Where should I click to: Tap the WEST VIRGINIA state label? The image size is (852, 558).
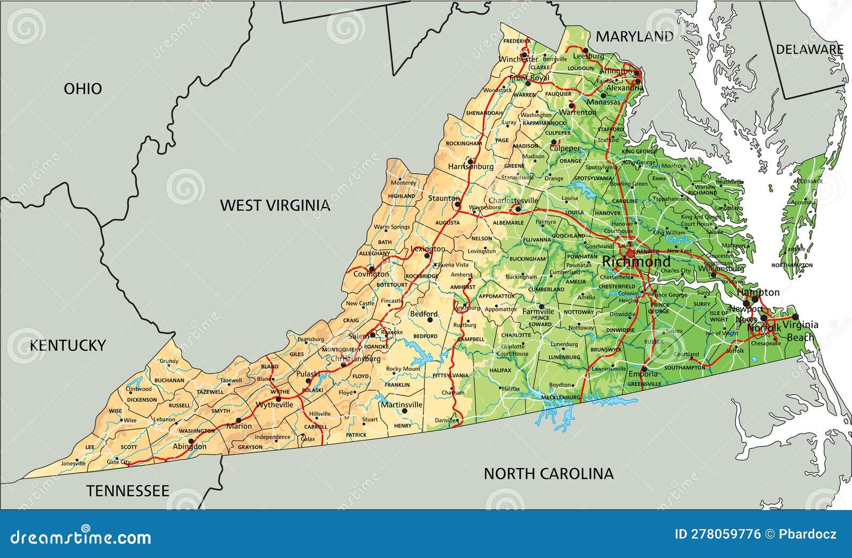point(275,205)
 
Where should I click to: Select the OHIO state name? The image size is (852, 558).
point(83,88)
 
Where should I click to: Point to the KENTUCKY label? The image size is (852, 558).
point(67,345)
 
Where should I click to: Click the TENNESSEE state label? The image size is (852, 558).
point(128,490)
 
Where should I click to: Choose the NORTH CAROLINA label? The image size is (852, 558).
point(548,473)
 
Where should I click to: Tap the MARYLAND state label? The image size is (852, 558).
point(634,36)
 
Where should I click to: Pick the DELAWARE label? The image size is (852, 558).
point(809,50)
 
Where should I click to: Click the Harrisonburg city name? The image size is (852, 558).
point(470,167)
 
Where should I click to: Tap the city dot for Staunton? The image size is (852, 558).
point(456,204)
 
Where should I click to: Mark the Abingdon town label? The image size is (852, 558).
point(189,447)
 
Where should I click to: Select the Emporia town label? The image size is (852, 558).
point(642,375)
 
